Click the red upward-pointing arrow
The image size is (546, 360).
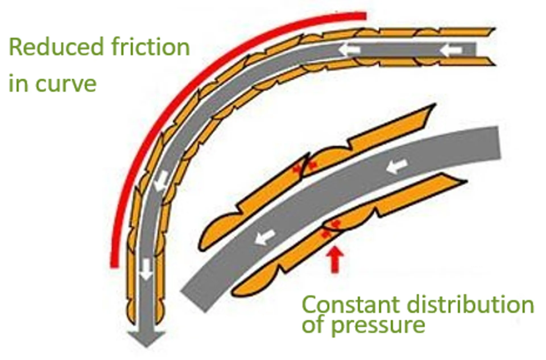(x=335, y=260)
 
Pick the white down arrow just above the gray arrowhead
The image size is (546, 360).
(x=146, y=269)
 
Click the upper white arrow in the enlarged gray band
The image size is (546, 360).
(x=397, y=166)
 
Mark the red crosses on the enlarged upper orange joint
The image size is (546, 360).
(x=305, y=167)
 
